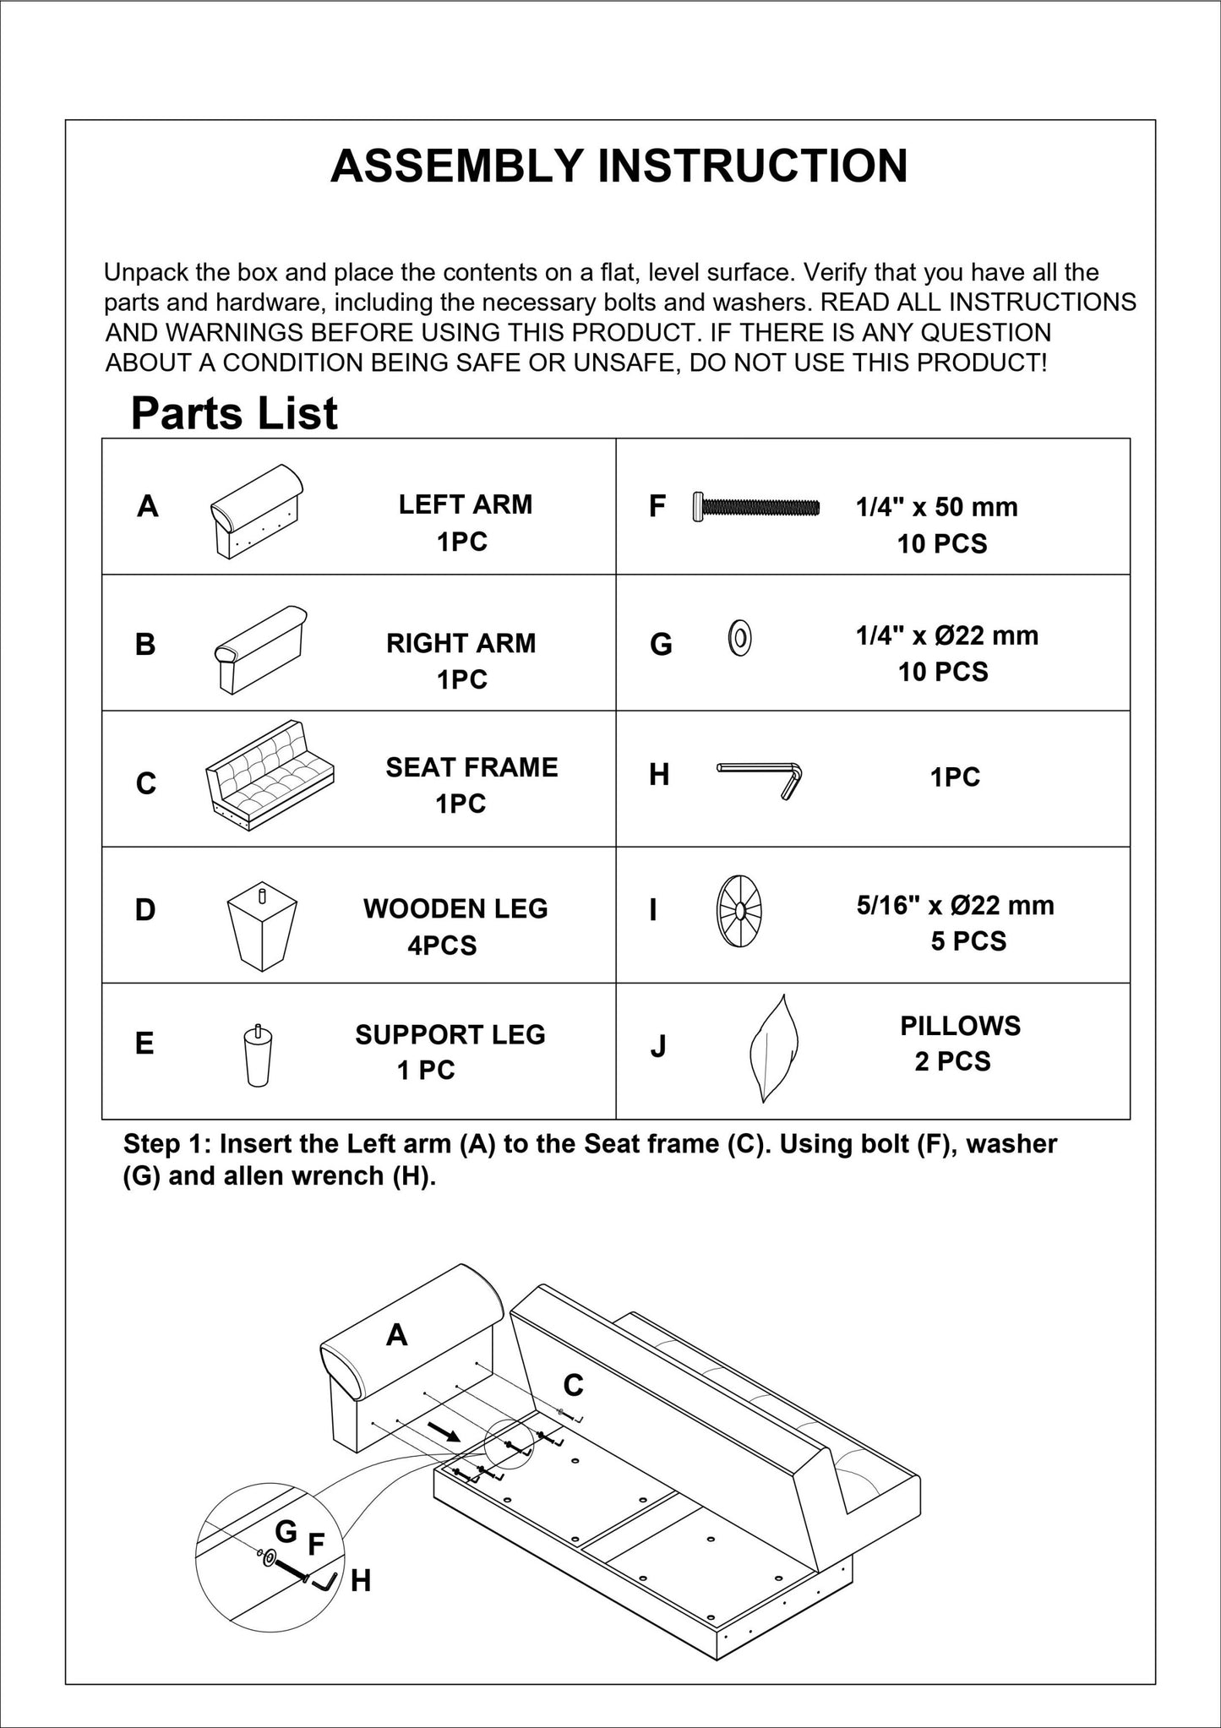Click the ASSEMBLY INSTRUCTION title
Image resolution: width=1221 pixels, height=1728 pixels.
click(619, 166)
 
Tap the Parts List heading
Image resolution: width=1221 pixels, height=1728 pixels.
click(234, 413)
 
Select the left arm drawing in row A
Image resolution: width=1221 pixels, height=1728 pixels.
click(256, 510)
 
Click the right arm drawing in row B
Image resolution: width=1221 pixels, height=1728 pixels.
click(260, 648)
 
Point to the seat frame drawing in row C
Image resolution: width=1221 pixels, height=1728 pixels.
click(270, 776)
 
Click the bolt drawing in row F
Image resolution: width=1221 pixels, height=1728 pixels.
click(755, 506)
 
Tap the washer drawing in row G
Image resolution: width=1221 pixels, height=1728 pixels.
click(739, 638)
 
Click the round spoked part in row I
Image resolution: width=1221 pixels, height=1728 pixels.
click(739, 911)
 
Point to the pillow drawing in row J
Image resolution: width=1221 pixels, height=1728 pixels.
click(773, 1048)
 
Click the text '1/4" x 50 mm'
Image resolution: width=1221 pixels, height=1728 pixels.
click(936, 507)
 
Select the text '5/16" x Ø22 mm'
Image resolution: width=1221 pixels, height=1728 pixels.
click(955, 905)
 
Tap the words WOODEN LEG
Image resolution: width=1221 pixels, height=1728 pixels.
click(455, 908)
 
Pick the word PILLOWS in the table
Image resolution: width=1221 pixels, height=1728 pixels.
click(960, 1026)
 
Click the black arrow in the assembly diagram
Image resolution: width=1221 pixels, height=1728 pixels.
click(443, 1431)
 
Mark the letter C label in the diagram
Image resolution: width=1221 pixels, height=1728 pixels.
click(572, 1385)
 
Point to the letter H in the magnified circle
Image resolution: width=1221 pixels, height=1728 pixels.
click(361, 1580)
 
